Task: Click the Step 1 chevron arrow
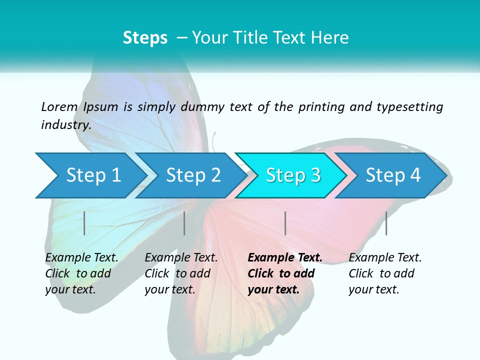tap(90, 175)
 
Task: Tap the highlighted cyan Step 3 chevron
tap(292, 175)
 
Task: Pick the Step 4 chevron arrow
tap(392, 175)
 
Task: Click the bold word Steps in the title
tap(145, 38)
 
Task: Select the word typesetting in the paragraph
tap(409, 106)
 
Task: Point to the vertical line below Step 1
tap(84, 223)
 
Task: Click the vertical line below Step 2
tap(184, 223)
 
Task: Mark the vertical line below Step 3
tap(285, 223)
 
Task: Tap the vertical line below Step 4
tap(386, 223)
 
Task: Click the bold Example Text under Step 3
tap(285, 257)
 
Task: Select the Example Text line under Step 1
tap(82, 257)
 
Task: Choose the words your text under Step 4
tap(373, 289)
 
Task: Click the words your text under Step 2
tap(169, 289)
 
